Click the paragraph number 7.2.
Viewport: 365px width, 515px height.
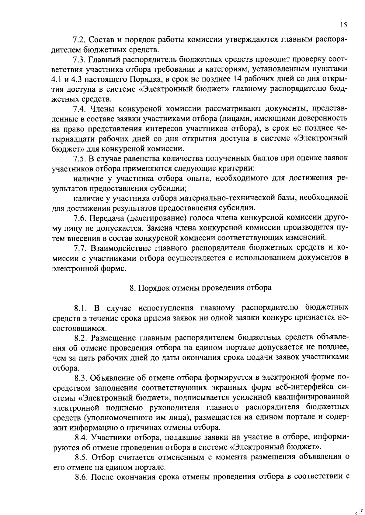pyautogui.click(x=79, y=40)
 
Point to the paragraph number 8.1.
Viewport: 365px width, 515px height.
pyautogui.click(x=81, y=308)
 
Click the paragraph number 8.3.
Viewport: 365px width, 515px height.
pyautogui.click(x=81, y=378)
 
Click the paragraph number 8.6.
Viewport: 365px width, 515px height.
pyautogui.click(x=81, y=476)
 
